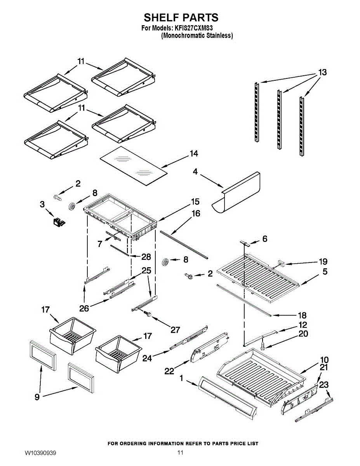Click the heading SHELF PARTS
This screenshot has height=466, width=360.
pyautogui.click(x=181, y=18)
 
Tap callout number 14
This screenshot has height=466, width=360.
pyautogui.click(x=193, y=154)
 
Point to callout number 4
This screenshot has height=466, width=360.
pyautogui.click(x=195, y=171)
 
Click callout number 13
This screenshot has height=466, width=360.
pyautogui.click(x=322, y=72)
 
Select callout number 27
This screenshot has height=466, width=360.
pyautogui.click(x=175, y=330)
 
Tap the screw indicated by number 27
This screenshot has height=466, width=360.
pyautogui.click(x=148, y=315)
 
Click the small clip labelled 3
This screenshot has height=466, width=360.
pyautogui.click(x=59, y=221)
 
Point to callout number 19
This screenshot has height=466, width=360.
pyautogui.click(x=323, y=261)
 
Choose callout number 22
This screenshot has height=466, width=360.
pyautogui.click(x=169, y=371)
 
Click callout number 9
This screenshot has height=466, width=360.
pyautogui.click(x=37, y=397)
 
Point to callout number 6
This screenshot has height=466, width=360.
pyautogui.click(x=264, y=239)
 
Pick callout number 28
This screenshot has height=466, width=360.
pyautogui.click(x=146, y=257)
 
